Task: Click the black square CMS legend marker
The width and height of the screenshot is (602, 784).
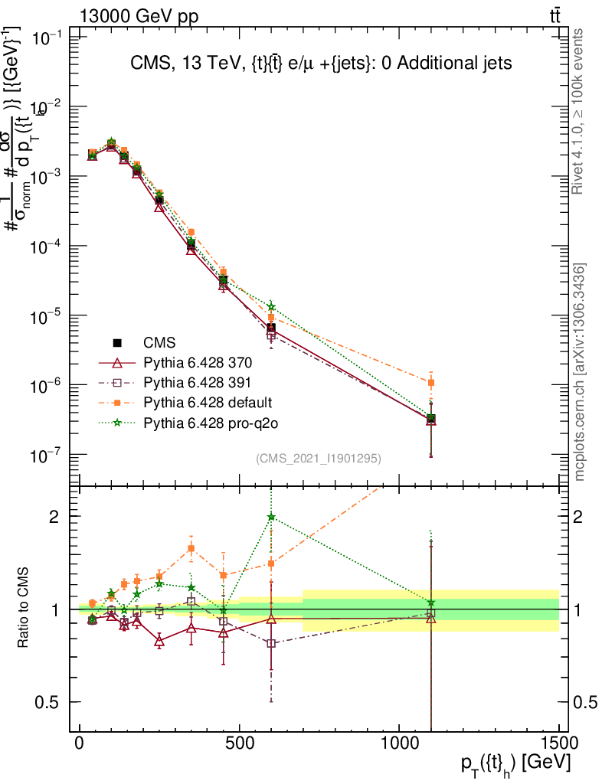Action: (117, 342)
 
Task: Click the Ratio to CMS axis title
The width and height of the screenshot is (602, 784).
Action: (24, 609)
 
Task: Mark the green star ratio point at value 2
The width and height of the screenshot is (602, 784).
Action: (271, 517)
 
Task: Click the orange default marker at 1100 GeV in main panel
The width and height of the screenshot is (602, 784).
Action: (431, 382)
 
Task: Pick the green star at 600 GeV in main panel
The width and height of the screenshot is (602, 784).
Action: (271, 307)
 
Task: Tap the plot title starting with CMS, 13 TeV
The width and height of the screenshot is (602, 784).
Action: (320, 63)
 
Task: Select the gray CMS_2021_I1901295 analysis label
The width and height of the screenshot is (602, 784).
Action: (319, 458)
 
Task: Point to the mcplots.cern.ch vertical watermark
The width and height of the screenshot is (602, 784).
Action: (580, 371)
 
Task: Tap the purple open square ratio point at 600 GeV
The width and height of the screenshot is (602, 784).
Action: (271, 643)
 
